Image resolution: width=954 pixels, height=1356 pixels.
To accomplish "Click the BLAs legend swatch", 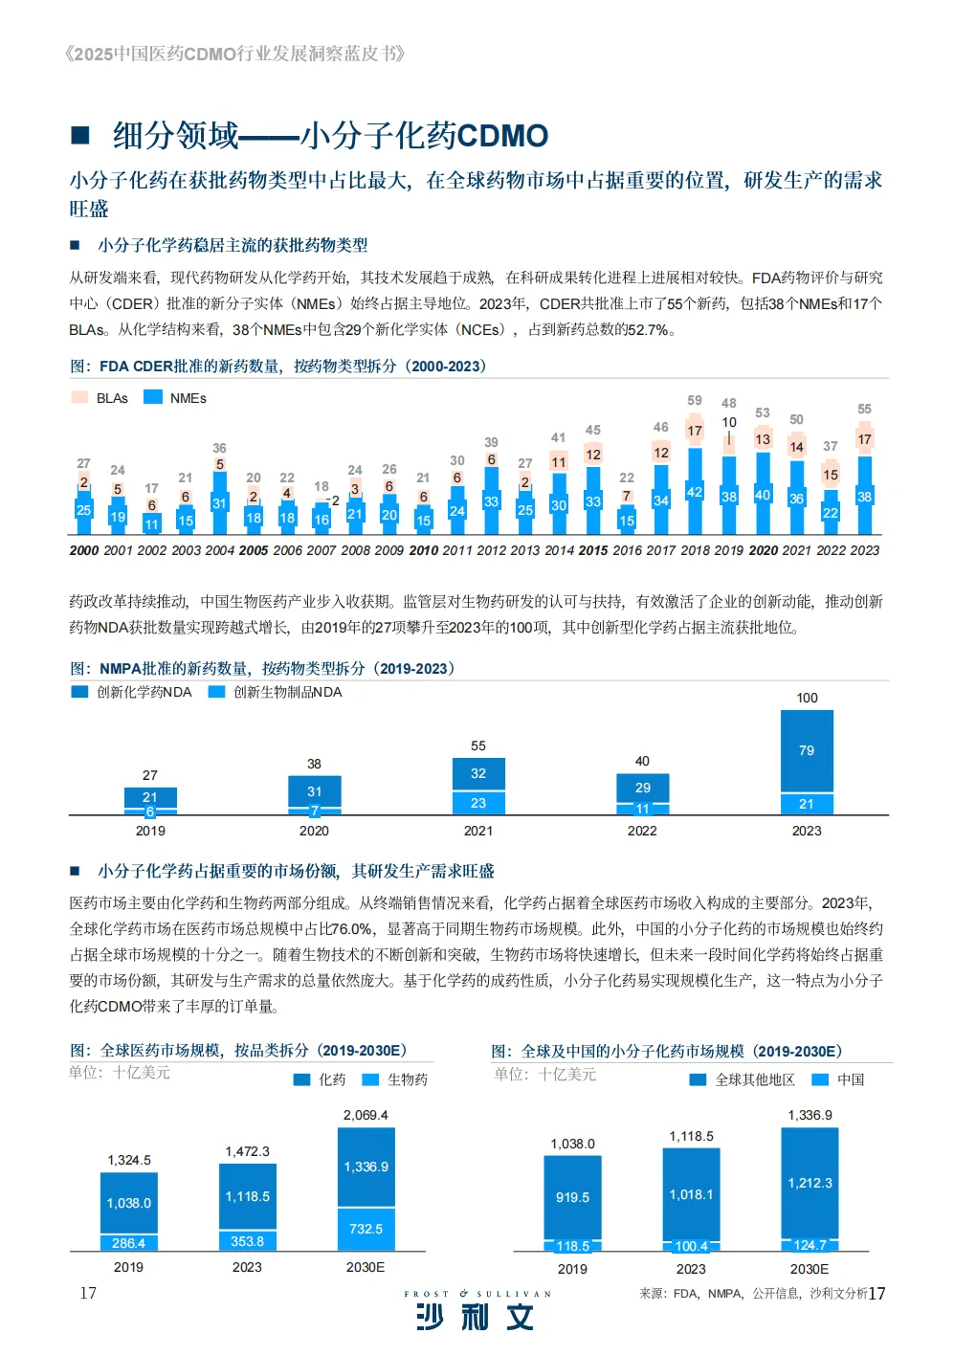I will click(x=79, y=397).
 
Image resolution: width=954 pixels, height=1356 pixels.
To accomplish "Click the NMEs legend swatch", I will click(x=152, y=397).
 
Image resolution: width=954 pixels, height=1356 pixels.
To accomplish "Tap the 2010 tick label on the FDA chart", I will click(x=423, y=550).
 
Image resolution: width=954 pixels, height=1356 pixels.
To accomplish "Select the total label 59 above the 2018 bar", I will click(x=695, y=400).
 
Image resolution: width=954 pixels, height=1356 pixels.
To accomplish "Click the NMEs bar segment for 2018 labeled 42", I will click(x=695, y=492).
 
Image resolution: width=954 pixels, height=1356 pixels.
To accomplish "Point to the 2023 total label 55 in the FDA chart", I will click(x=864, y=409).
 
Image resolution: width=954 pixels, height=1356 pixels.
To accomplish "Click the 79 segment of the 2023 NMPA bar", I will click(x=807, y=751).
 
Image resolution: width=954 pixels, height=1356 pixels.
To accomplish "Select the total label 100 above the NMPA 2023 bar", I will click(x=807, y=698).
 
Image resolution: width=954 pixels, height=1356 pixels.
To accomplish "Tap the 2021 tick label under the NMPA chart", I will click(x=478, y=831).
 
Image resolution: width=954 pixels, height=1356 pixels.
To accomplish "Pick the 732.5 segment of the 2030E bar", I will click(x=366, y=1229).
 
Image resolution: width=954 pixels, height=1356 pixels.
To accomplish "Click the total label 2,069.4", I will click(x=366, y=1115).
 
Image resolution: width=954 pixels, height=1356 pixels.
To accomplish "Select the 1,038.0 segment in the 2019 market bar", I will click(x=129, y=1203).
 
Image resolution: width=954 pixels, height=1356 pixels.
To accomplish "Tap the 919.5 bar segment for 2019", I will click(x=572, y=1197).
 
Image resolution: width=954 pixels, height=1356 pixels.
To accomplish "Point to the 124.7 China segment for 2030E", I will click(x=810, y=1245).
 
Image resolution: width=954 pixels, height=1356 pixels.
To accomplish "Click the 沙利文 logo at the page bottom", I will click(x=476, y=1317).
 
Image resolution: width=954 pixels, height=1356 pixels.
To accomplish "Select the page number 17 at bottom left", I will click(x=88, y=1293).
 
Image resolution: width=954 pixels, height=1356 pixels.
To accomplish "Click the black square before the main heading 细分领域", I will click(x=81, y=135).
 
